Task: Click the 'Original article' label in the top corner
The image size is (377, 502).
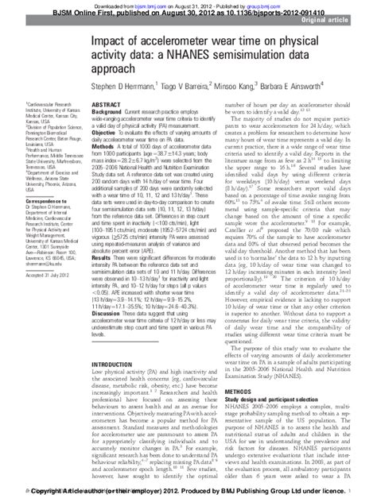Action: pos(346,21)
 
